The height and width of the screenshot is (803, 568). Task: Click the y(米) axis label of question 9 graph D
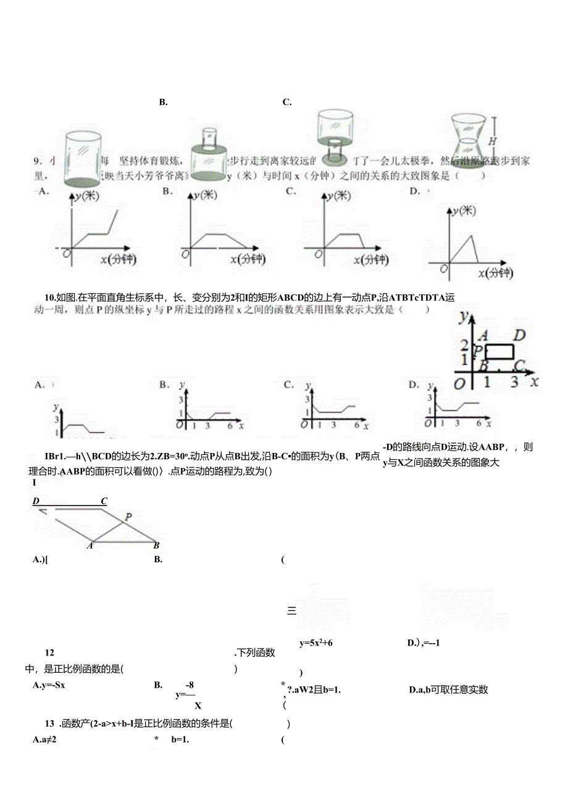464,211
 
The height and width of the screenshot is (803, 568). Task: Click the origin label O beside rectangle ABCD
459,384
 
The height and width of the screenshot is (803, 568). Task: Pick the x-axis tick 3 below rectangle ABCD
514,382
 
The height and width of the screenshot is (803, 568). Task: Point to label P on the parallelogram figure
128,517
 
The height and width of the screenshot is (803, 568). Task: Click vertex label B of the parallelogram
156,545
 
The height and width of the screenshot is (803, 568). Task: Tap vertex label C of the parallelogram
104,501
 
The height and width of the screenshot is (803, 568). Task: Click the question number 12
50,652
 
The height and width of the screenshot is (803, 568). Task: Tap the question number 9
36,161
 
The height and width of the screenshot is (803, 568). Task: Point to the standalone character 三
292,612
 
